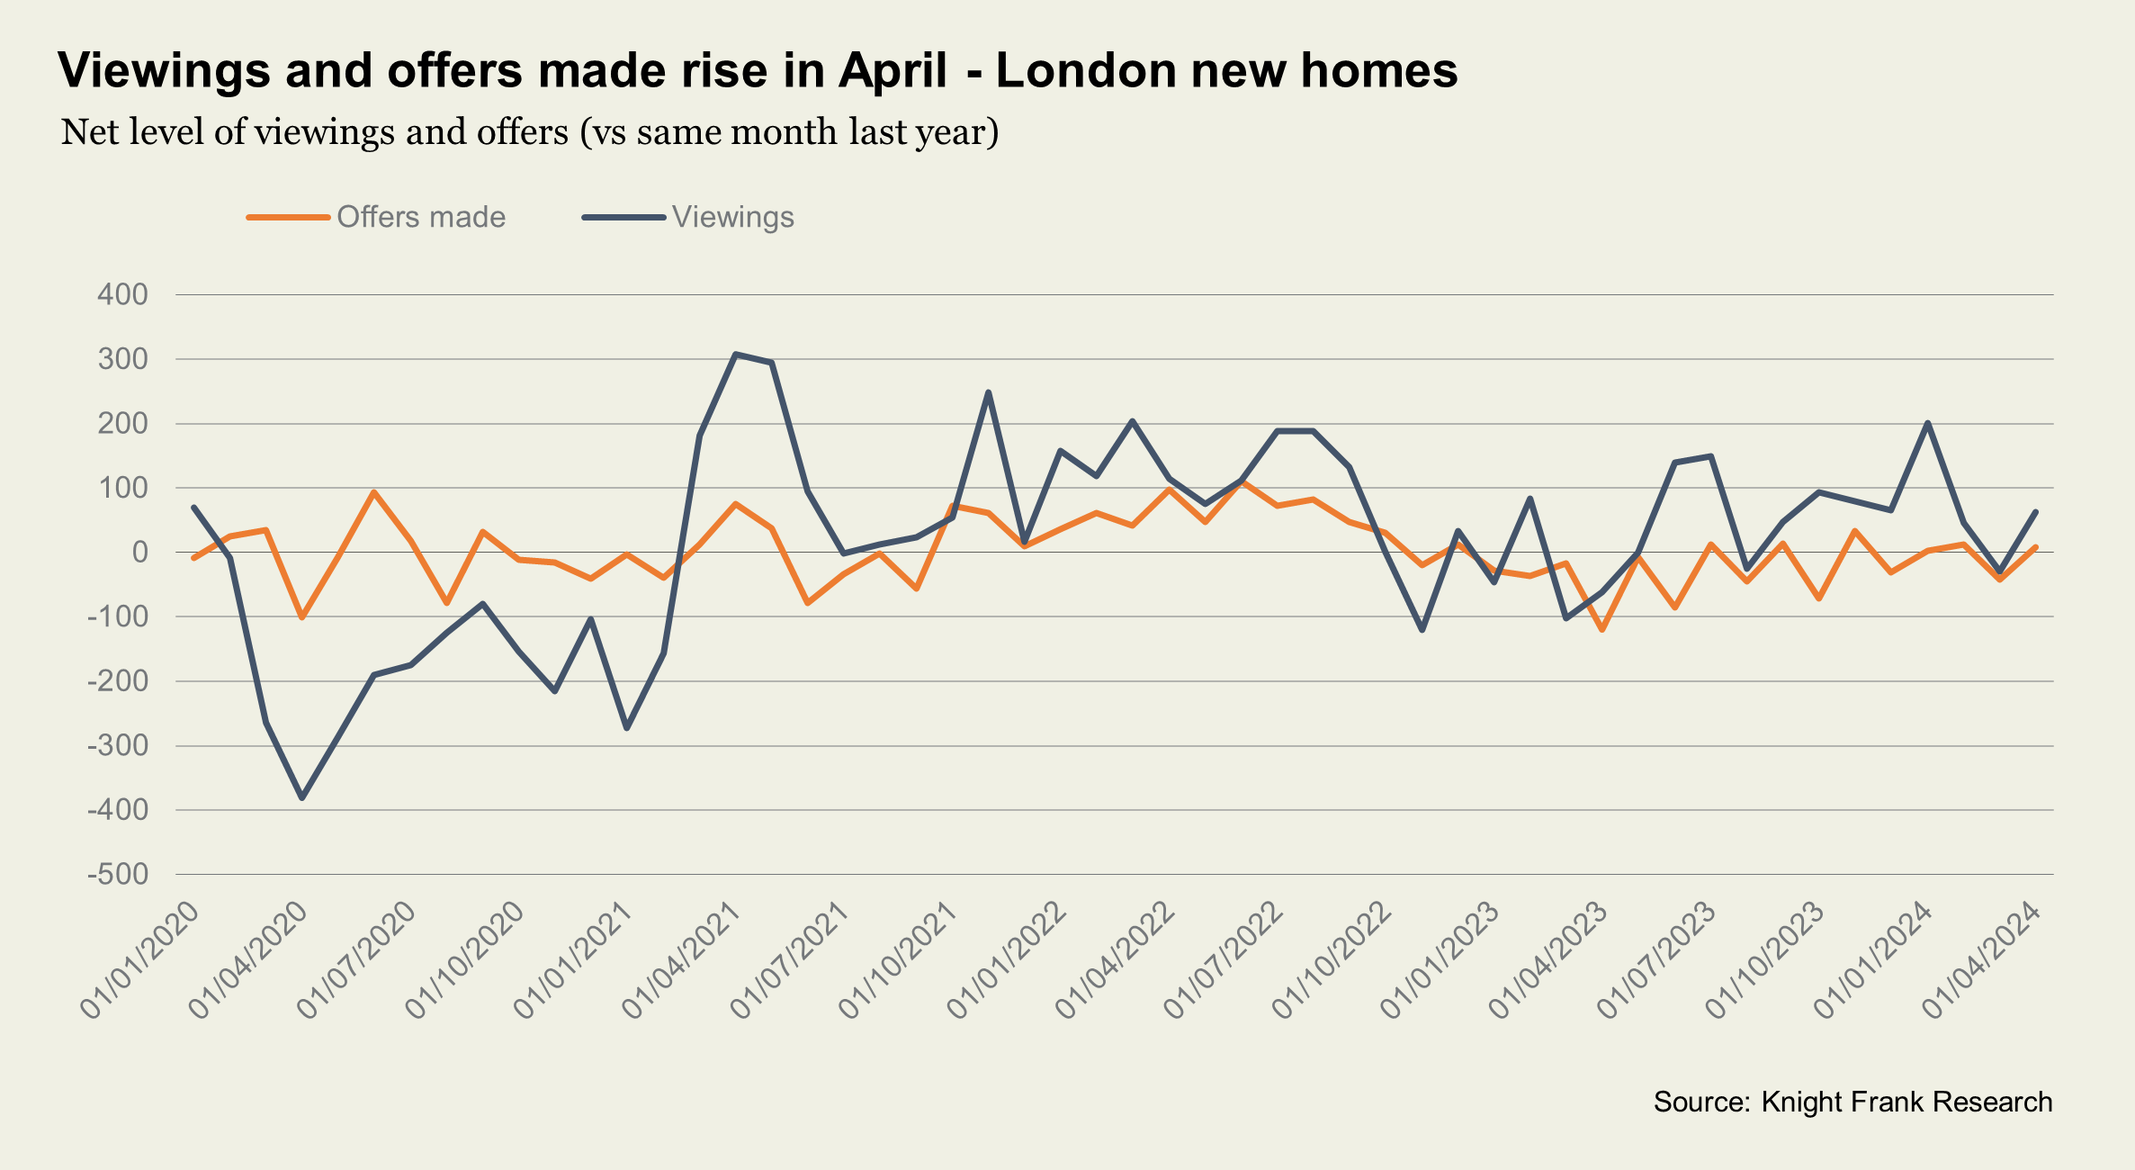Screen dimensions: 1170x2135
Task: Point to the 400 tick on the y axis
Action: coord(122,294)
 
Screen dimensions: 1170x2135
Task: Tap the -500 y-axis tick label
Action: coord(118,874)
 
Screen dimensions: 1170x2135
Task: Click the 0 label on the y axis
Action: coord(139,552)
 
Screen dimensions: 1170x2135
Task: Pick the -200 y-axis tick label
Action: coord(118,681)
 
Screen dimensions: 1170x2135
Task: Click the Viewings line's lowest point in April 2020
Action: coord(302,798)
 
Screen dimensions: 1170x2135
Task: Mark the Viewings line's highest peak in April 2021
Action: coord(736,354)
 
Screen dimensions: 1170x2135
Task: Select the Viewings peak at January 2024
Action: coord(1927,423)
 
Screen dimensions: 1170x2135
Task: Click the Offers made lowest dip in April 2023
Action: coord(1602,629)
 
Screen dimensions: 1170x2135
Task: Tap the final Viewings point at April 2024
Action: coord(2035,512)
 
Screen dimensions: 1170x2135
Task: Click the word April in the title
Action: coord(893,70)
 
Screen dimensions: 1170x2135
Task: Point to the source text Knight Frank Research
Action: coord(1906,1102)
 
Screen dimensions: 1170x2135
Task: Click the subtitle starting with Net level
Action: coord(530,132)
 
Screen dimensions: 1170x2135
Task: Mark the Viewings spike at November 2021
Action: coord(988,392)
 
